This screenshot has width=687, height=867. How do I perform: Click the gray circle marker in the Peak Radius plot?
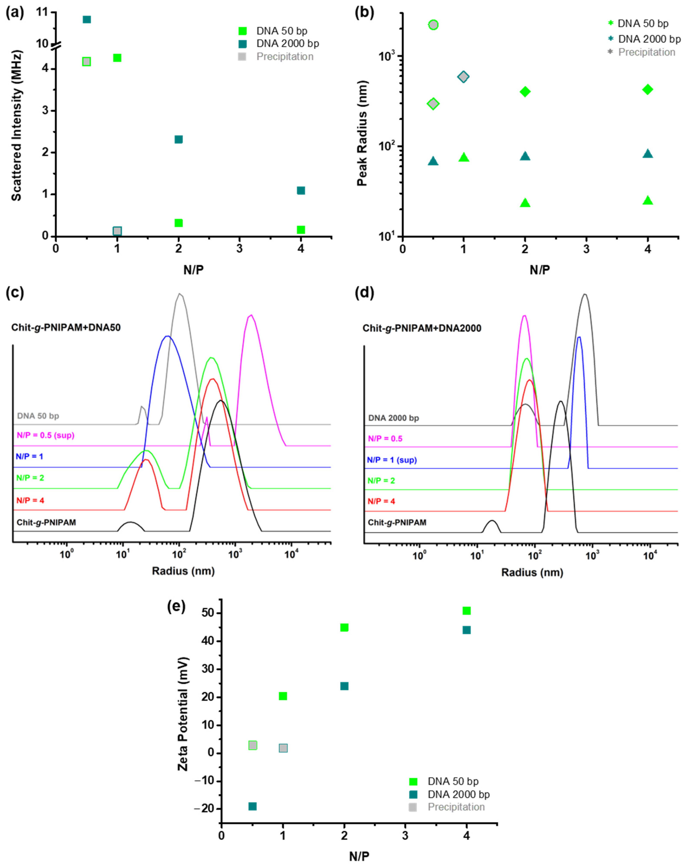click(x=433, y=25)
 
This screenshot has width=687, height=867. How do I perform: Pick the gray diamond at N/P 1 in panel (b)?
click(x=463, y=77)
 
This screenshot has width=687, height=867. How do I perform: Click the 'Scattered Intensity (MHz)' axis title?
click(x=16, y=125)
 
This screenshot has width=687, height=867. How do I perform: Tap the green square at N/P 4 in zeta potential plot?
click(x=466, y=611)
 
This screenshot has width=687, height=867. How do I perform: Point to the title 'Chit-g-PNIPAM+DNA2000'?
click(x=422, y=328)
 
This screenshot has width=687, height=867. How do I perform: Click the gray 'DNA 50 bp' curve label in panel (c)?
click(x=38, y=416)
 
